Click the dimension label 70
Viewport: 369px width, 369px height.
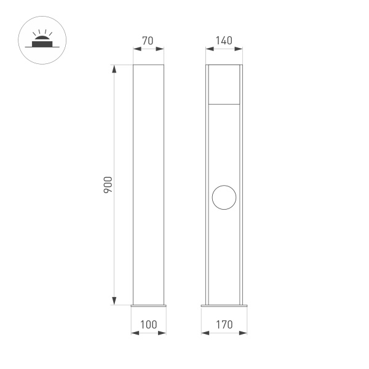point(148,41)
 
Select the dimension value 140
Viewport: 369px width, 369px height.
point(224,41)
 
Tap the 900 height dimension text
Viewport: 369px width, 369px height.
point(107,184)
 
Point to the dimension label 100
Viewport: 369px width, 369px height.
point(149,324)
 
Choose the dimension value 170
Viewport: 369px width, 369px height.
point(224,324)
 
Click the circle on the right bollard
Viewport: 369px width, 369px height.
point(224,197)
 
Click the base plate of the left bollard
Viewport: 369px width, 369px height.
point(149,304)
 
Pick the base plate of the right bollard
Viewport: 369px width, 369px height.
point(224,304)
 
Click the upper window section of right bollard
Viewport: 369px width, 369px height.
point(224,84)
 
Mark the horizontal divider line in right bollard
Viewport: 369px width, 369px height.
point(224,105)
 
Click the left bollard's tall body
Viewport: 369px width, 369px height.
point(149,184)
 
